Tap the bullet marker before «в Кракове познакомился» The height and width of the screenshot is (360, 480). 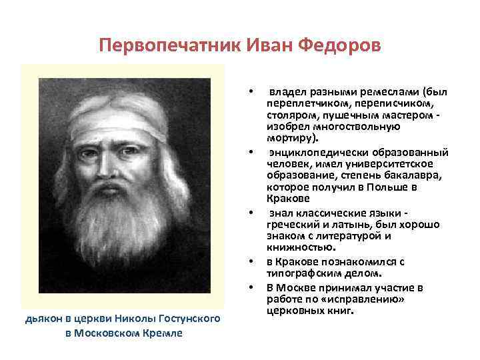click(251, 261)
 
